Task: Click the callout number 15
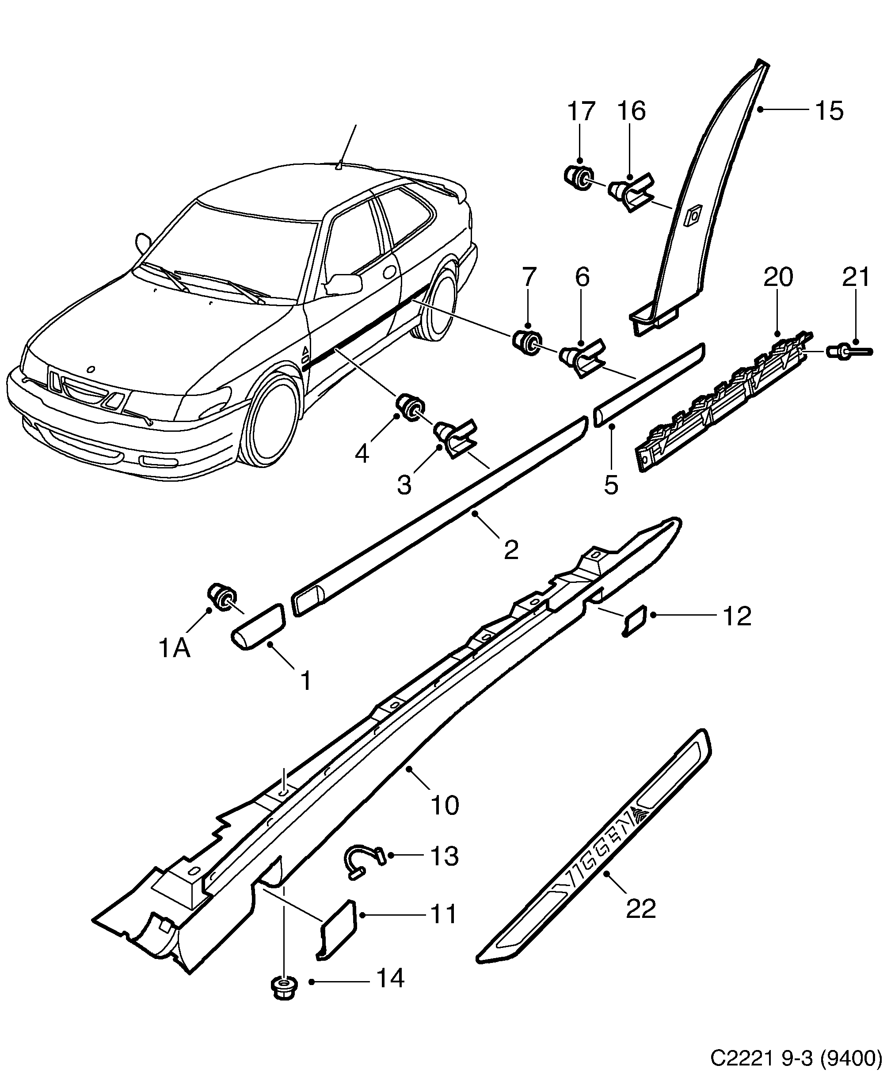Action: click(829, 111)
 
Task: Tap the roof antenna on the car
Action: click(339, 164)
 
